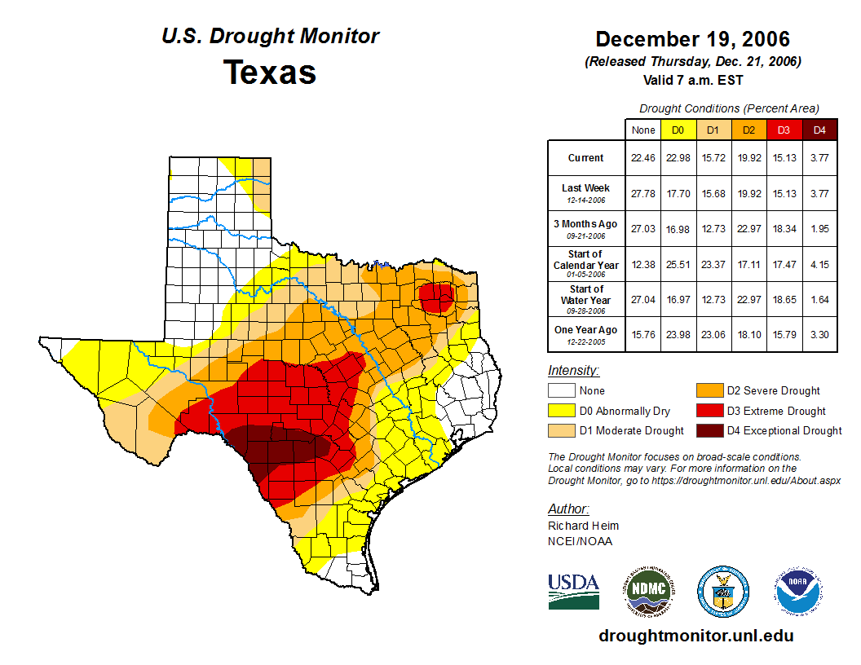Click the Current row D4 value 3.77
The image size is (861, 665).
click(x=819, y=158)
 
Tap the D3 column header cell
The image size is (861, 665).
click(x=784, y=130)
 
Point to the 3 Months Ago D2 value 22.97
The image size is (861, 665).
click(x=748, y=229)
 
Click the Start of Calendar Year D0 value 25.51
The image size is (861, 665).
click(x=678, y=264)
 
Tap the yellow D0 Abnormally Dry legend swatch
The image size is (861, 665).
click(x=561, y=411)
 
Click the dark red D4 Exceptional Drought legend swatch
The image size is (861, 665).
click(x=709, y=430)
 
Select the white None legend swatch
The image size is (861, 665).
click(x=561, y=391)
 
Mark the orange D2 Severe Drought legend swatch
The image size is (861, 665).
click(x=709, y=391)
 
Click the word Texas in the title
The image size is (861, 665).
click(x=270, y=72)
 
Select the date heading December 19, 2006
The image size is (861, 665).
click(x=692, y=39)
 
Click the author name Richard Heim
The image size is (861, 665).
click(x=583, y=526)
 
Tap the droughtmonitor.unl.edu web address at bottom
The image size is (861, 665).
click(x=695, y=636)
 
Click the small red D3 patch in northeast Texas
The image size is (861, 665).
click(x=437, y=297)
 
